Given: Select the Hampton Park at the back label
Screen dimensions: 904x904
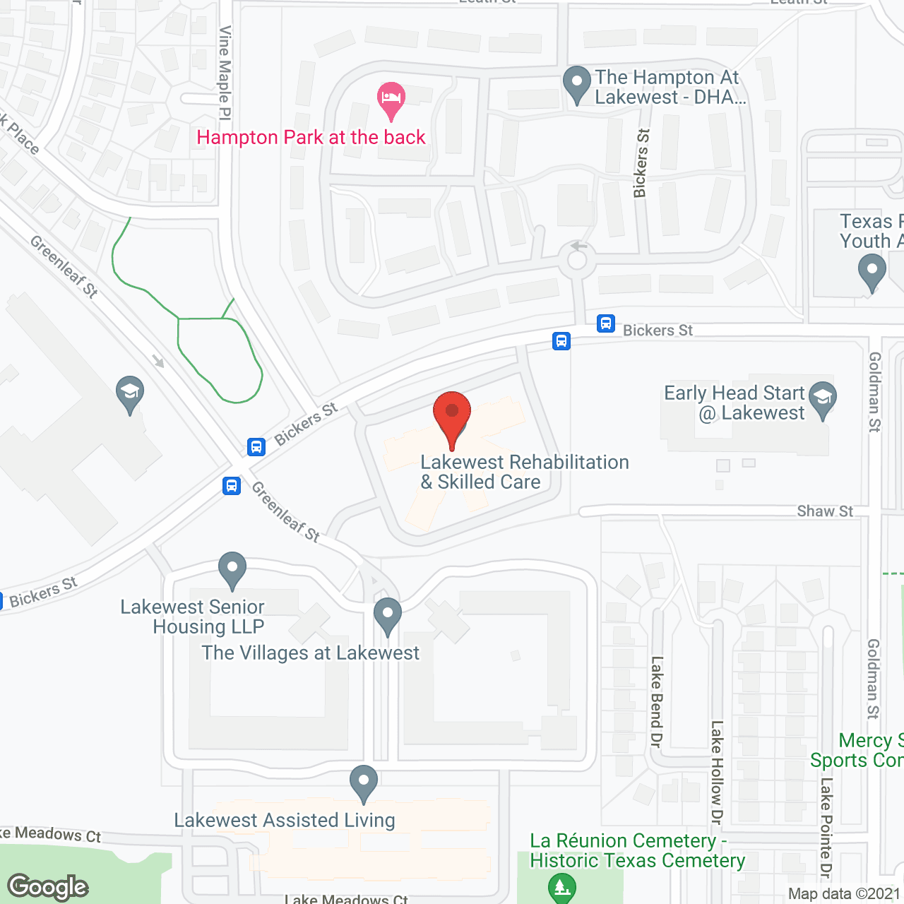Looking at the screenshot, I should pos(311,137).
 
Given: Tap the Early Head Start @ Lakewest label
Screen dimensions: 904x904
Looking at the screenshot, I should pos(734,403).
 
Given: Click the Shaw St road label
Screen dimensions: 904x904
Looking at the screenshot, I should pos(824,511).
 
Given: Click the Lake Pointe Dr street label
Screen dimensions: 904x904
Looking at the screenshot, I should pos(826,826).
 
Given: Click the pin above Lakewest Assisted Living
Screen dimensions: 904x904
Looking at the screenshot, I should pos(364,782).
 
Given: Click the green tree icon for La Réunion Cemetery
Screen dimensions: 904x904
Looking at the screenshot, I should pos(562,888).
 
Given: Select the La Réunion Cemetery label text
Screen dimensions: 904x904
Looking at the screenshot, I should pos(637,850).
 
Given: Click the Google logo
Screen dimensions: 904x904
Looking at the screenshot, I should pos(48,887).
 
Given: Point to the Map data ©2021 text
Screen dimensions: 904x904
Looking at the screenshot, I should pos(844,893).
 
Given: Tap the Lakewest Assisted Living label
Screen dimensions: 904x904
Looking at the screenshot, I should pos(285,820).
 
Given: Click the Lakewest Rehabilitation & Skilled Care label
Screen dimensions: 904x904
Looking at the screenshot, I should pos(524,472).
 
